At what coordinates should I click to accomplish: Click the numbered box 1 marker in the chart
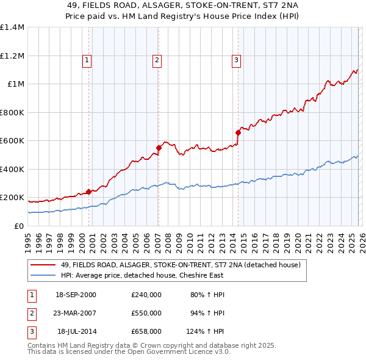[88, 60]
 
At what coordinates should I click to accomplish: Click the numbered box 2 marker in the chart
[157, 60]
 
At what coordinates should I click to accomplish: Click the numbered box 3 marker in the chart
[236, 60]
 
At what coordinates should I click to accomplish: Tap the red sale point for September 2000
[88, 192]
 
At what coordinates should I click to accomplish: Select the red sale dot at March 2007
[159, 148]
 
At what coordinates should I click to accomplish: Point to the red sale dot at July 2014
[237, 132]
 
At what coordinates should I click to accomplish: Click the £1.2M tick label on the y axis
[12, 56]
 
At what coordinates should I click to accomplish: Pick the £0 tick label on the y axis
[19, 226]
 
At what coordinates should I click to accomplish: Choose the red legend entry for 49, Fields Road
[181, 265]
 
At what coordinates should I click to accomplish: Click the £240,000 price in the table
[146, 295]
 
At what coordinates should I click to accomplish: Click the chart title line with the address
[183, 4]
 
